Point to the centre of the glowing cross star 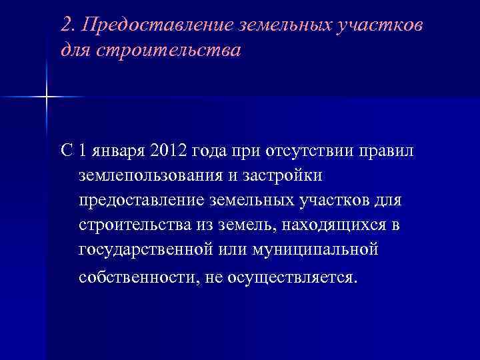(x=47, y=97)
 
